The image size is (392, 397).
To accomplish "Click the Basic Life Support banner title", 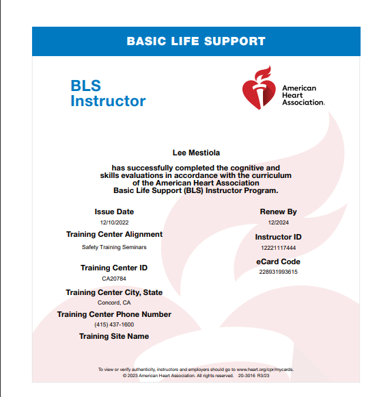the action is coord(195,41).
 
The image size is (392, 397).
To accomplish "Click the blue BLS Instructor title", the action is coord(108,94).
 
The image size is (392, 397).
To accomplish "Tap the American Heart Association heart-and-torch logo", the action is coord(259,88).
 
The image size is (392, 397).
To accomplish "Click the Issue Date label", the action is coord(114,212).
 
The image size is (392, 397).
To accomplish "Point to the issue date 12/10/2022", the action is coord(114,222).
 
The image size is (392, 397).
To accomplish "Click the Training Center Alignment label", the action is coord(114,234).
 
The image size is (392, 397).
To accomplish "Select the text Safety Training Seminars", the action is coord(114,247).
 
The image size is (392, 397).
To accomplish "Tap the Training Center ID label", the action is coord(114,268).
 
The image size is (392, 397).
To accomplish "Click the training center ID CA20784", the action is coord(114,279).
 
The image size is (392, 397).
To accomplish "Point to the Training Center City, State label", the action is coord(114,292).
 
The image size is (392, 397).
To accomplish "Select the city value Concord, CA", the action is coord(114,303).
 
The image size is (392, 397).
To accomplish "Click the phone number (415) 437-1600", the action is coord(114,324).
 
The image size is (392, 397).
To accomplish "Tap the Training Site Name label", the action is coord(114,336).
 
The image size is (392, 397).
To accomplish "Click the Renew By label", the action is coord(278,212).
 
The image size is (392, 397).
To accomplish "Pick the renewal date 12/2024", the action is coord(278,222).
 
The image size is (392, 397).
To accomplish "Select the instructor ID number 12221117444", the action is coord(278,247).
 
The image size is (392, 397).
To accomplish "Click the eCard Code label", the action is coord(278,261).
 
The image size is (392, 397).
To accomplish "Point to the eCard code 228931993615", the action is coord(278,272).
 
